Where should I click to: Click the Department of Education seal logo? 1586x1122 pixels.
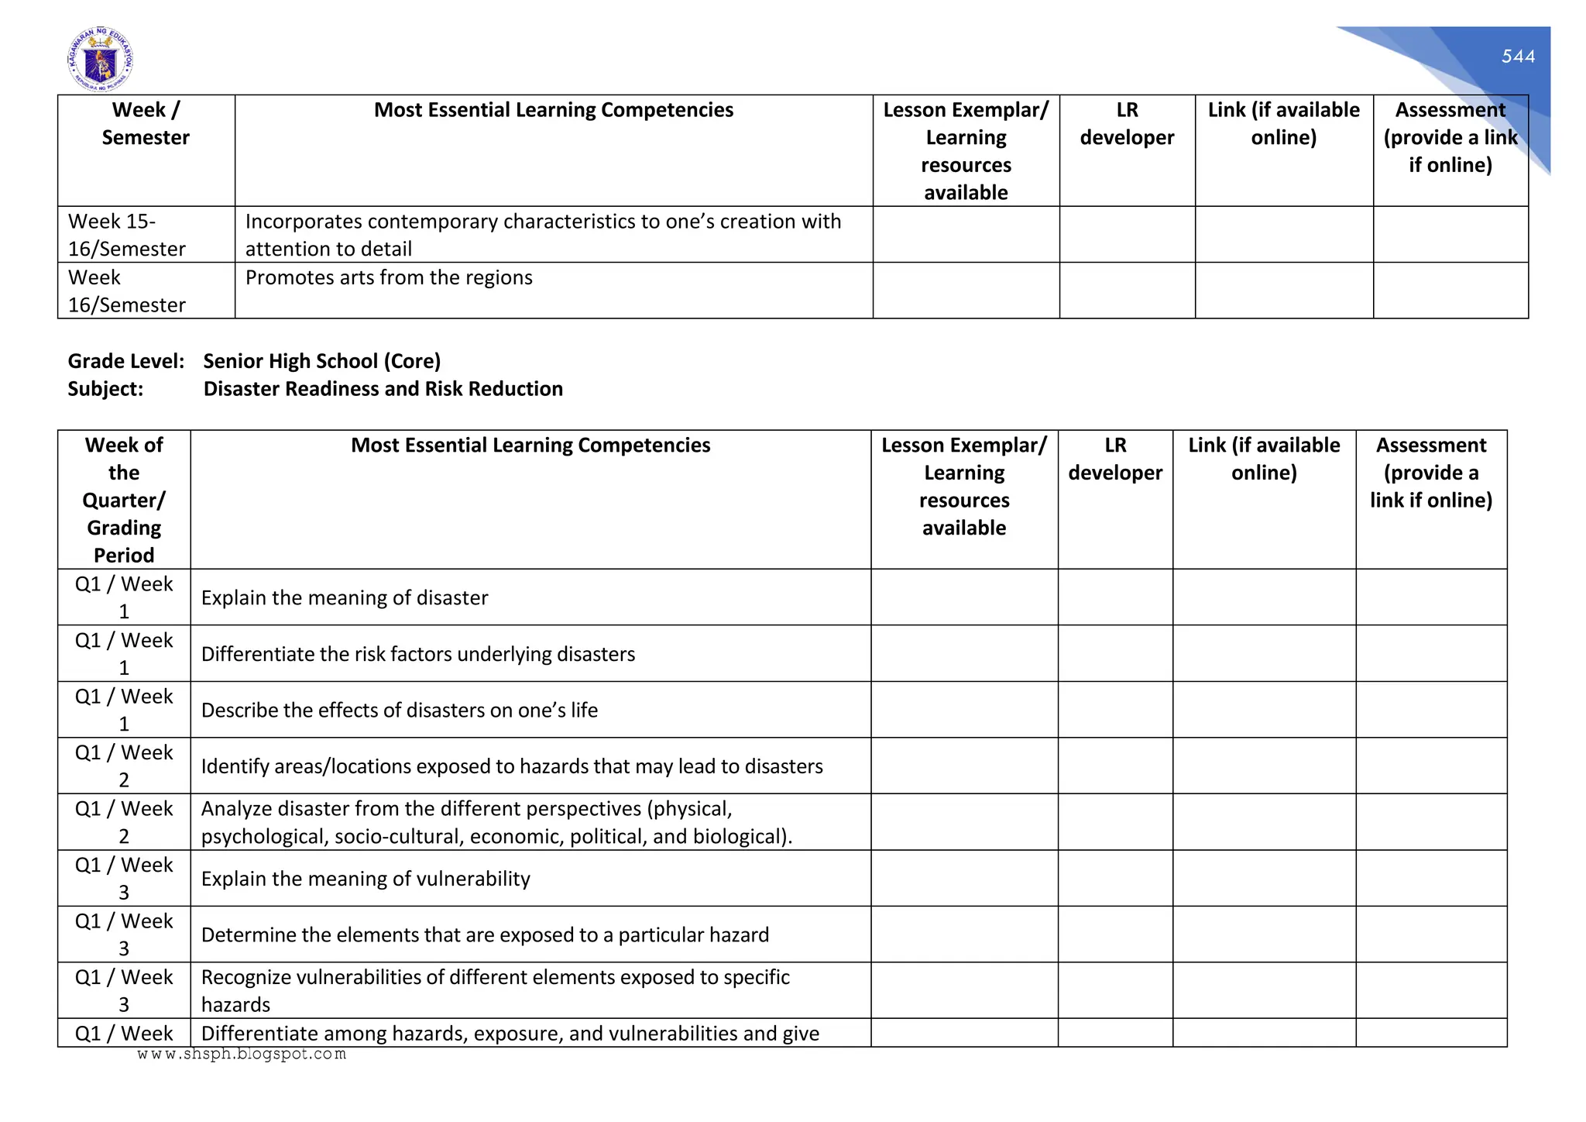tap(100, 59)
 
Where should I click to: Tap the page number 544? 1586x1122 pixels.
tap(1518, 57)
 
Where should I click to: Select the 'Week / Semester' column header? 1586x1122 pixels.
tap(146, 124)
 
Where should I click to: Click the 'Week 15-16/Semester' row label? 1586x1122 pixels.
tap(127, 235)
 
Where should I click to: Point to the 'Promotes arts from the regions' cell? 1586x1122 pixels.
tap(389, 277)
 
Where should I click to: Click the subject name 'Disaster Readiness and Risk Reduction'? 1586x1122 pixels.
tap(383, 388)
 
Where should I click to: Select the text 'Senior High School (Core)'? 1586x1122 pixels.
tap(321, 361)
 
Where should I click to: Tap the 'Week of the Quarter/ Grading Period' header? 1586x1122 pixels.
tap(124, 499)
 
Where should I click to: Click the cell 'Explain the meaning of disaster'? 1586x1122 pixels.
tap(345, 597)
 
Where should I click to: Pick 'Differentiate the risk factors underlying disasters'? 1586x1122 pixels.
tap(418, 654)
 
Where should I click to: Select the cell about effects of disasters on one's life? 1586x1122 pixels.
tap(400, 710)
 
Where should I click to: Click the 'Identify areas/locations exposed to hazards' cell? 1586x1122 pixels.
tap(512, 766)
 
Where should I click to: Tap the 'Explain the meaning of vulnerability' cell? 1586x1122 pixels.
tap(366, 879)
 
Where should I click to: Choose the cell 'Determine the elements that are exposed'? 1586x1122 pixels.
tap(485, 934)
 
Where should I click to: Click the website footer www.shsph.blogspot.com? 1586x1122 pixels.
tap(242, 1054)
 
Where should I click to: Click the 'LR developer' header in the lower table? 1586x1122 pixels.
tap(1115, 459)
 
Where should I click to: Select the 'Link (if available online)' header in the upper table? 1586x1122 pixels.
tap(1283, 124)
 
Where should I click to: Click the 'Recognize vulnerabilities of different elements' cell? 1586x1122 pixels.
tap(495, 990)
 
